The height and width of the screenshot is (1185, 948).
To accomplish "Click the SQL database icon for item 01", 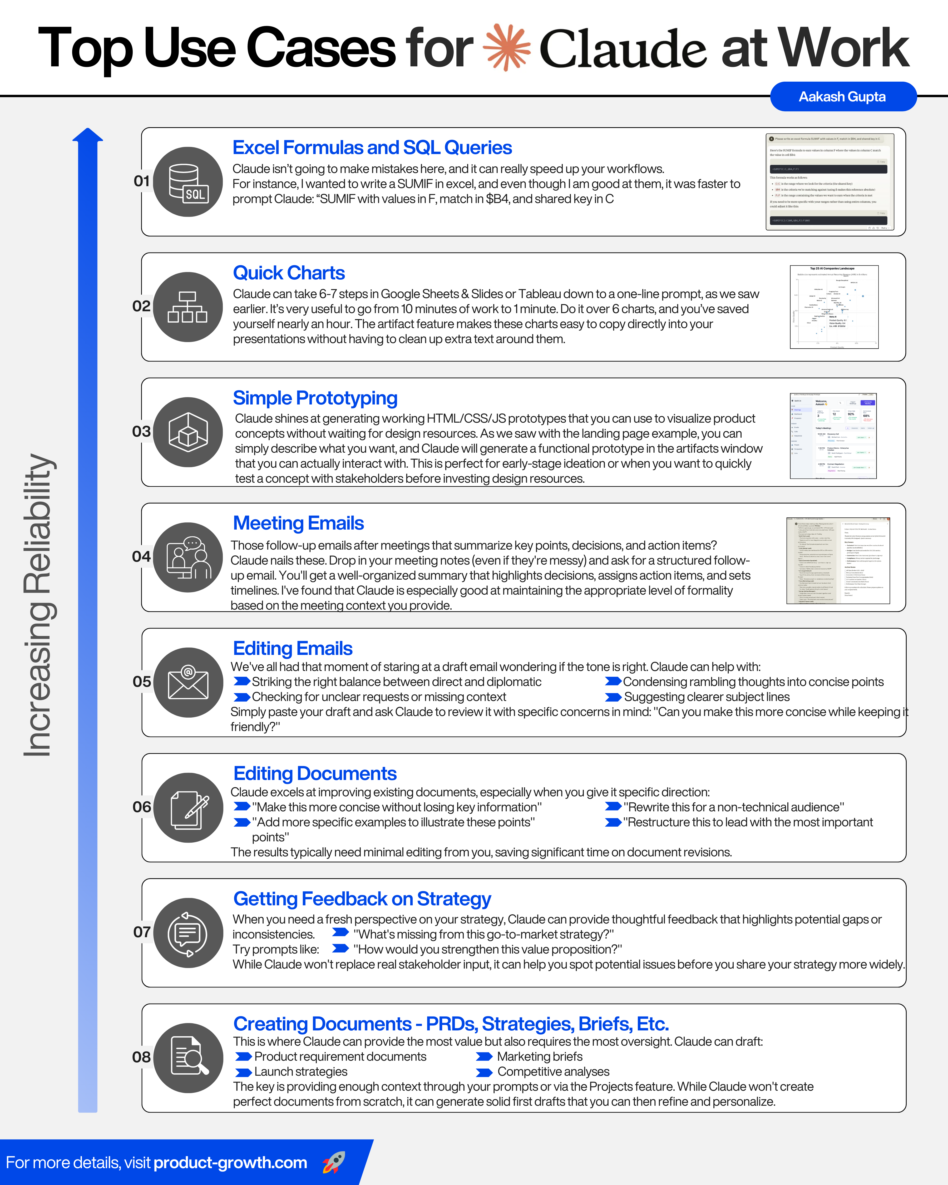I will [x=188, y=182].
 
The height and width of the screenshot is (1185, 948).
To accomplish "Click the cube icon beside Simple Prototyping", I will [x=188, y=432].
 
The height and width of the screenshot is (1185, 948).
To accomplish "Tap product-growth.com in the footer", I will [x=230, y=1162].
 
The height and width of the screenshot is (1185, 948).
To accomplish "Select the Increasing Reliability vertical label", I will [x=38, y=605].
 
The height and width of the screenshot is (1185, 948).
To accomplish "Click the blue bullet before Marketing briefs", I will [x=484, y=1057].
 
